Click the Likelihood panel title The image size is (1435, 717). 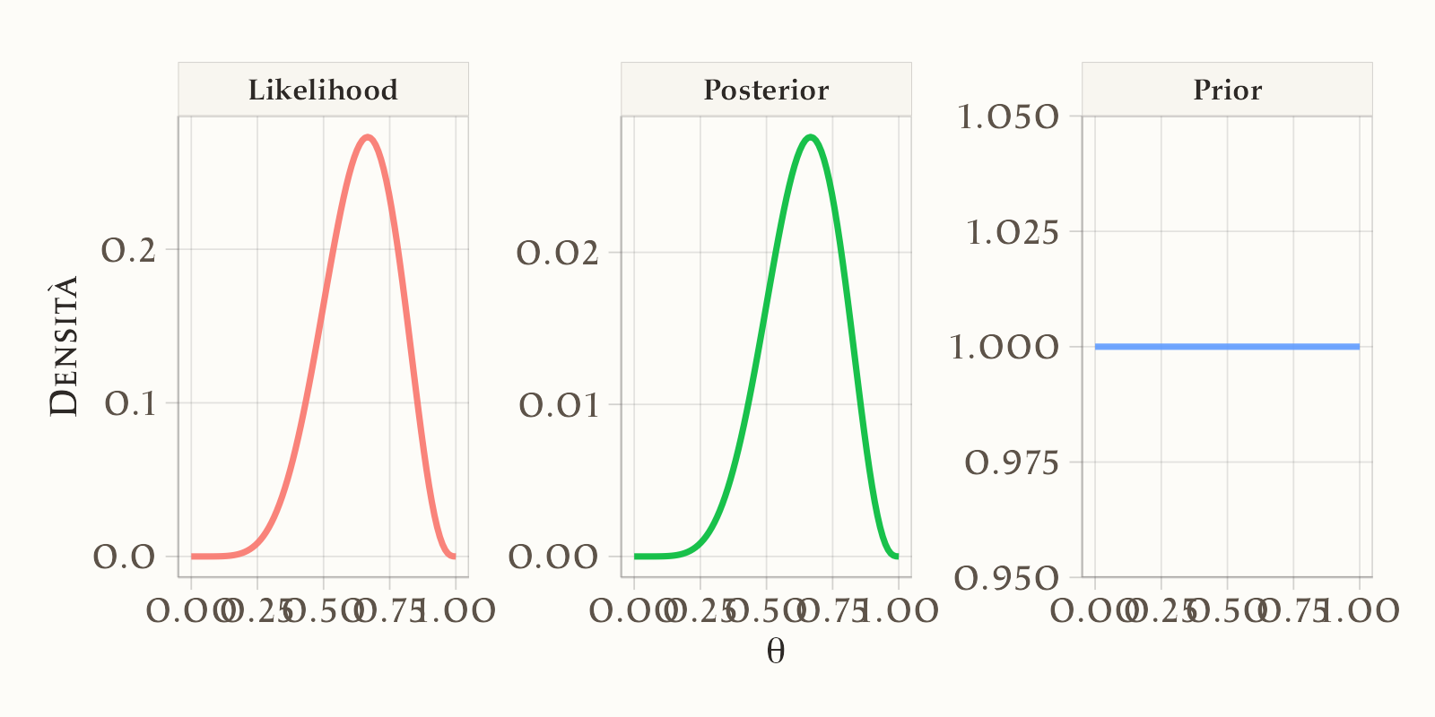click(323, 90)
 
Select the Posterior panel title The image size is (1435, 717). click(766, 90)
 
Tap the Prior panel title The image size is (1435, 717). click(1227, 90)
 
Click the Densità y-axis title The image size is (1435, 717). click(65, 346)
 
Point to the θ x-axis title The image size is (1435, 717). click(776, 652)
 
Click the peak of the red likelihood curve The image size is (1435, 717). click(368, 137)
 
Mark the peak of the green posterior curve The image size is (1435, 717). click(811, 137)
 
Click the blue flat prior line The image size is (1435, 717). click(1227, 346)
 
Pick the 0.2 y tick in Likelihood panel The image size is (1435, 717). click(128, 250)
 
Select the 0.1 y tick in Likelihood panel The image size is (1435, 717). click(130, 403)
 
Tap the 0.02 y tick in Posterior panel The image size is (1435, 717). click(557, 253)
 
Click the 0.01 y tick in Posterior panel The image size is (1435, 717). click(558, 405)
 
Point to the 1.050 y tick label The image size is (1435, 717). click(1008, 117)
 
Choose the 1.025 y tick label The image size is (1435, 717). click(1012, 232)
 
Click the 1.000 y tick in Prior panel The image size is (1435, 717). click(1004, 347)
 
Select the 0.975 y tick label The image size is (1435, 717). click(1012, 462)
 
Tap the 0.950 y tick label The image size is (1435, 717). click(1006, 578)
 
